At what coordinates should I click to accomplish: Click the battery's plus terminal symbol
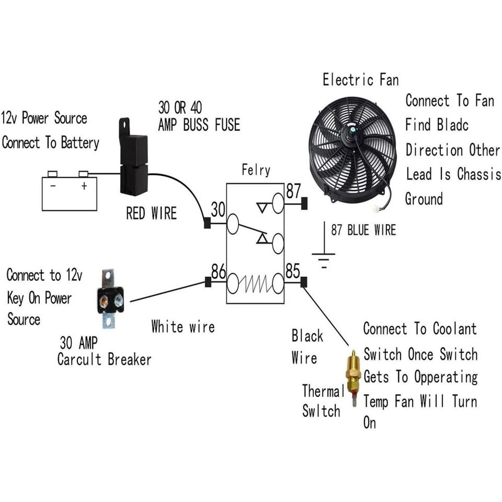point(84,186)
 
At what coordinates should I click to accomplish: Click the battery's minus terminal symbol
point(52,186)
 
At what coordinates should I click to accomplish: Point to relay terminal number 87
point(293,191)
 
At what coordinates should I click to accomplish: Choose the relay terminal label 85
point(293,272)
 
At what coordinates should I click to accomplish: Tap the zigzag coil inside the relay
point(255,284)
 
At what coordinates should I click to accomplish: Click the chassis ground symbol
point(324,259)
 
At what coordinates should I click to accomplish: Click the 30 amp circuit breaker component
point(110,299)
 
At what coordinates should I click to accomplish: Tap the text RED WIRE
point(151,214)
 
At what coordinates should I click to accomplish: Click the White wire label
point(183,327)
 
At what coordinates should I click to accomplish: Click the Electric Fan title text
point(360,80)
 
